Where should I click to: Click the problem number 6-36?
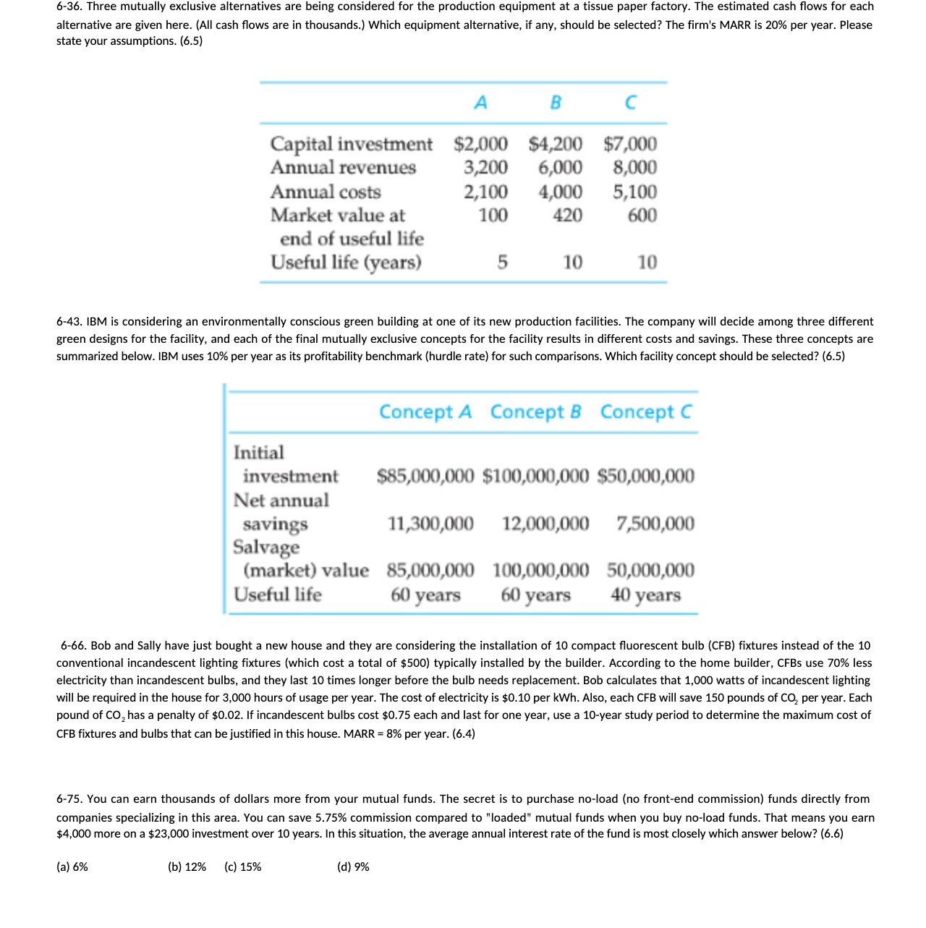click(x=69, y=7)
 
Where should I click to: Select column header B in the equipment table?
click(x=555, y=103)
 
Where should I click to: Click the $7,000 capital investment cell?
click(x=630, y=144)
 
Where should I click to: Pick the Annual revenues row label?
click(x=343, y=168)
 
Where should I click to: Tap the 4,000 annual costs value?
click(x=560, y=192)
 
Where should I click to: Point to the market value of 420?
click(x=567, y=216)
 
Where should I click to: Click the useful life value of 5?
click(x=502, y=262)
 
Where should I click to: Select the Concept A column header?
click(x=425, y=412)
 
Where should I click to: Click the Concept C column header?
click(x=645, y=412)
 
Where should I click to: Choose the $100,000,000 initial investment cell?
click(x=535, y=476)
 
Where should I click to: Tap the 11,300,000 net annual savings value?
click(x=430, y=524)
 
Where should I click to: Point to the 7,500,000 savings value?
click(x=655, y=524)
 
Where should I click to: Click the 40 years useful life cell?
click(x=645, y=595)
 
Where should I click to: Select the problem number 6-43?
click(x=69, y=321)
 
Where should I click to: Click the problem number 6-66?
click(x=74, y=645)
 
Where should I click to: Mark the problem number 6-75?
click(x=69, y=799)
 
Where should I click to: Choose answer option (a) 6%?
click(x=72, y=867)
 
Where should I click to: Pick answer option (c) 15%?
click(x=243, y=867)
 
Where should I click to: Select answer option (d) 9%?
click(x=353, y=867)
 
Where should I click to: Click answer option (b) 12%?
click(x=187, y=867)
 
